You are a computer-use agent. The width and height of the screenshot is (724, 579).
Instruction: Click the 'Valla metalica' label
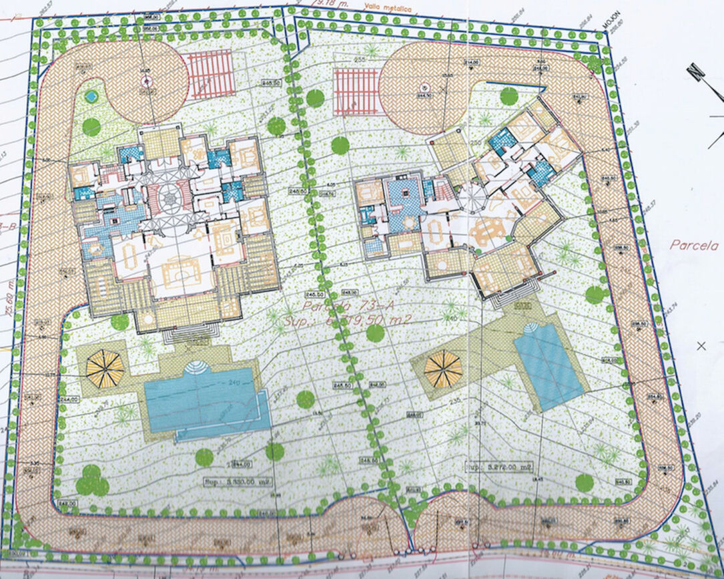(386, 9)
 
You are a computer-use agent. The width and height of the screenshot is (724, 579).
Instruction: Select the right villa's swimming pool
(549, 365)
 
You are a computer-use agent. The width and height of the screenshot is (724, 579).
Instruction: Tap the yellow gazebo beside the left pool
(105, 368)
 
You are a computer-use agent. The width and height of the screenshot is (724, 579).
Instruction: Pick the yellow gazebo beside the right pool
(443, 369)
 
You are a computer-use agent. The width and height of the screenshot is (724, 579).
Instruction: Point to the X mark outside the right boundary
(701, 345)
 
